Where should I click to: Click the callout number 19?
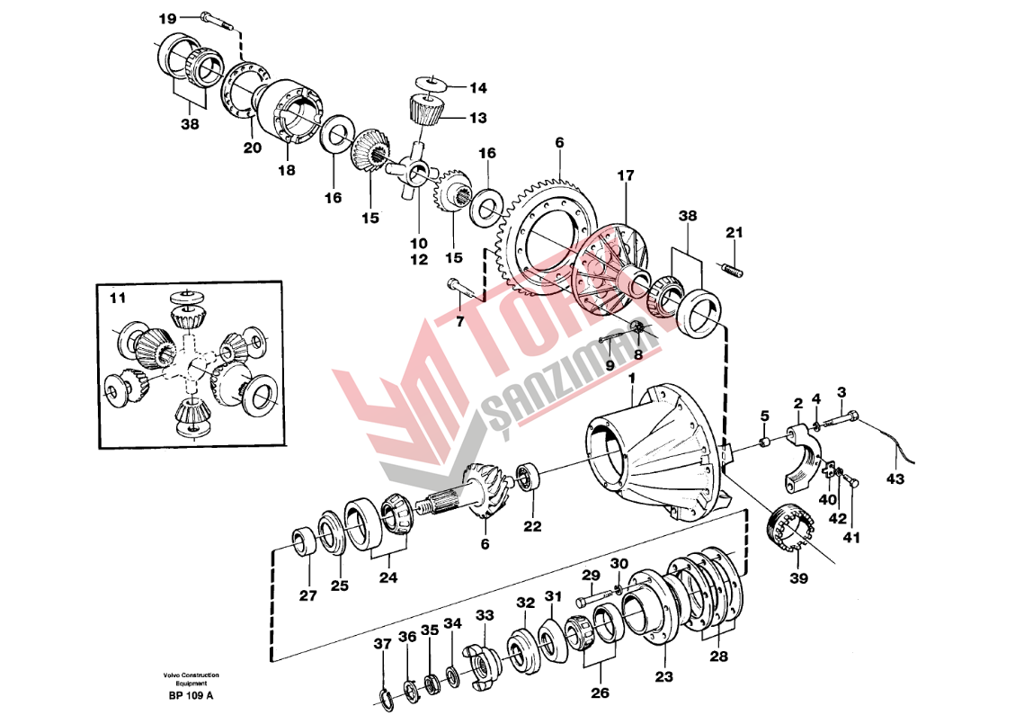click(x=168, y=18)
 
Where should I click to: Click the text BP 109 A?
click(x=191, y=695)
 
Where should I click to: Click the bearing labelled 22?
click(x=527, y=476)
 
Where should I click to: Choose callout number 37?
click(x=383, y=643)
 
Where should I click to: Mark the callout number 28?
click(x=718, y=656)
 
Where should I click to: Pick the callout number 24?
click(x=387, y=578)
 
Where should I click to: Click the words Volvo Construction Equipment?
click(x=191, y=678)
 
